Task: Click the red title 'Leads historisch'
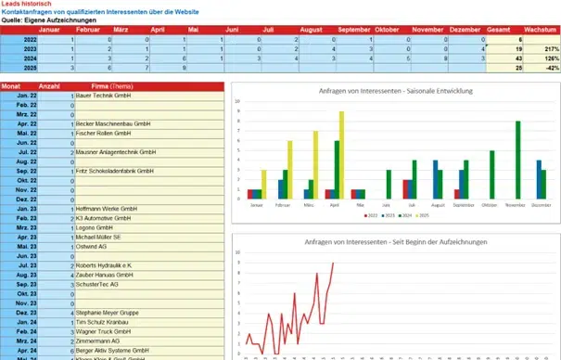click(x=27, y=5)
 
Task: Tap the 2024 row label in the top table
click(x=31, y=58)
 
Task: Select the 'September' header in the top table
click(x=354, y=31)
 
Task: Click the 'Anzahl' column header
click(x=54, y=85)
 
